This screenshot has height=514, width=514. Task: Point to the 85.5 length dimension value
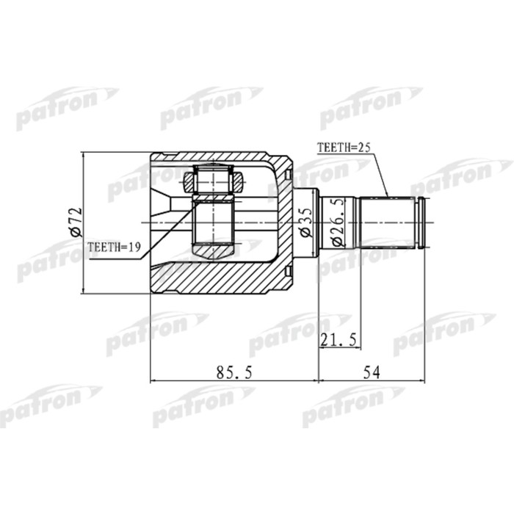pyautogui.click(x=234, y=372)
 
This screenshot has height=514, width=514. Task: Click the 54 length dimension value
pyautogui.click(x=372, y=372)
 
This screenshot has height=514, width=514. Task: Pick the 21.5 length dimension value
pyautogui.click(x=339, y=339)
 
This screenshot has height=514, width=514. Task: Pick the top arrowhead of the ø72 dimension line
pyautogui.click(x=84, y=156)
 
